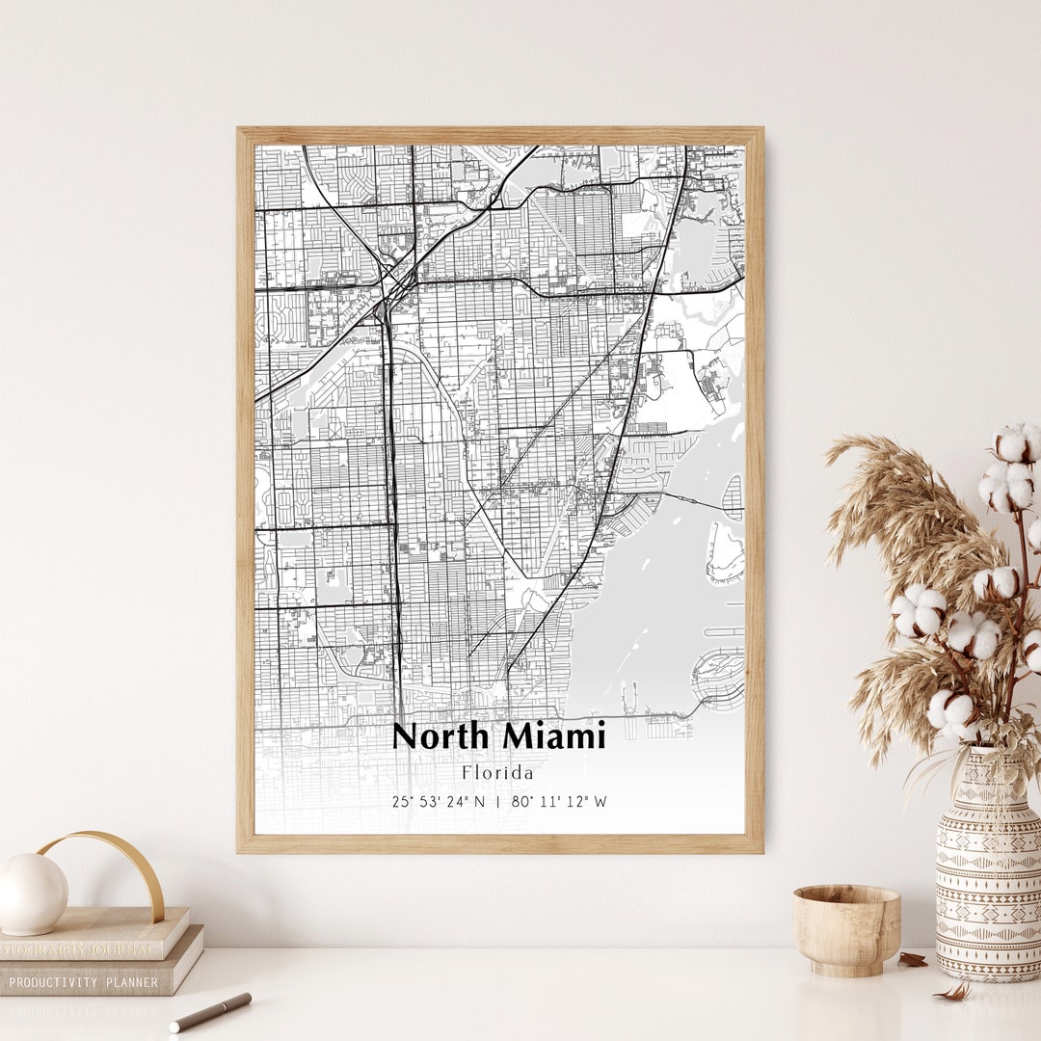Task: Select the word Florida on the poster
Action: (497, 772)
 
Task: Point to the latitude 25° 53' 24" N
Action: (439, 801)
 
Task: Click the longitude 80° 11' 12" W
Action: (560, 801)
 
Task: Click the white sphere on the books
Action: (32, 894)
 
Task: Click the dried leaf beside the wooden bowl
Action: (912, 959)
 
